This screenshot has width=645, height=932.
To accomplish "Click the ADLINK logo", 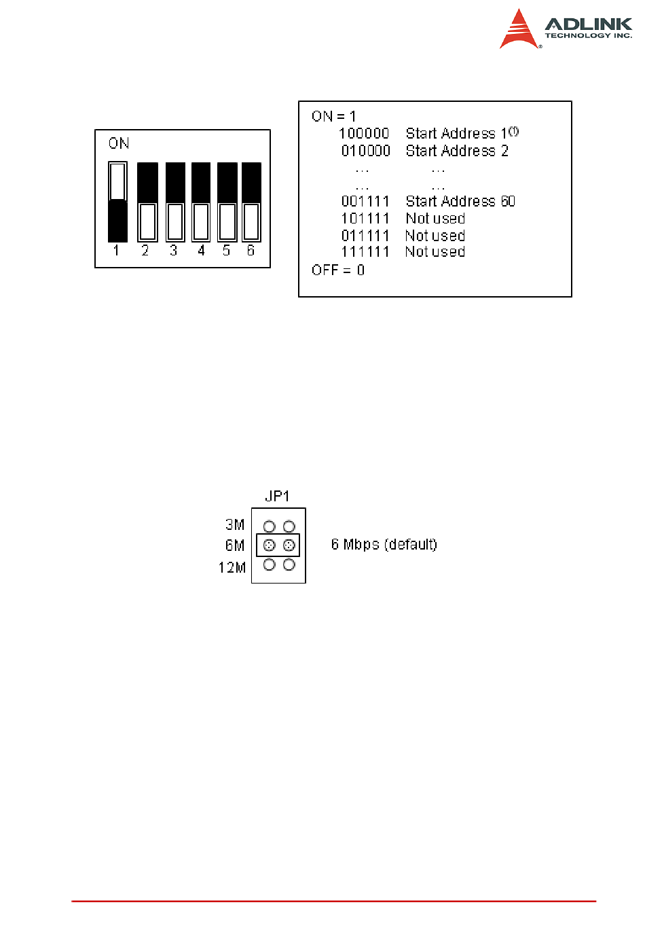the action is (x=565, y=29).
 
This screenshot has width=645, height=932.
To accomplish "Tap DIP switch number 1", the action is (x=117, y=202).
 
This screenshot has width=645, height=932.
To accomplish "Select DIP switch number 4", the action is (x=201, y=202).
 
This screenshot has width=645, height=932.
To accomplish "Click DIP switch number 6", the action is (x=251, y=202).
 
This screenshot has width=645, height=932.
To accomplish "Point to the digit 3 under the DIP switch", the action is (x=173, y=251).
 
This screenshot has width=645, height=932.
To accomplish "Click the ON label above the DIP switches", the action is (x=119, y=143).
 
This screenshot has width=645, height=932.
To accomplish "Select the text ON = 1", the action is (x=333, y=116).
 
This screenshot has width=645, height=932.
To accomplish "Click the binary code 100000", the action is (x=365, y=134).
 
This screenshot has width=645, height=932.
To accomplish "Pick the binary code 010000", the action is (x=365, y=151).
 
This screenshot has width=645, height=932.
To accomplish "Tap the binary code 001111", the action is (x=365, y=202).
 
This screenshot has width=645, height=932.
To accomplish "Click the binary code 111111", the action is (x=365, y=252).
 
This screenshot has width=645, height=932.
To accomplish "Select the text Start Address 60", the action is (x=460, y=202).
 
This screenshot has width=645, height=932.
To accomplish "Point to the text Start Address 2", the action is (x=457, y=151).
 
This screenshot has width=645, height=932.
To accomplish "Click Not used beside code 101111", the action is (x=435, y=219).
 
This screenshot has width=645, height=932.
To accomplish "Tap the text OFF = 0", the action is (x=338, y=270).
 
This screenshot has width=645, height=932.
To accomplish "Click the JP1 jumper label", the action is (x=277, y=496).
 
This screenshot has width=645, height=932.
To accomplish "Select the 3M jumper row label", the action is (x=235, y=524).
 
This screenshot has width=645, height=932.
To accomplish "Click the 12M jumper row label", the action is (x=232, y=567).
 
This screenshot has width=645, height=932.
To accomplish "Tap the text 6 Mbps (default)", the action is (x=384, y=545).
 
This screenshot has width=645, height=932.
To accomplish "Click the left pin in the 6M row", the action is (x=269, y=545).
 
